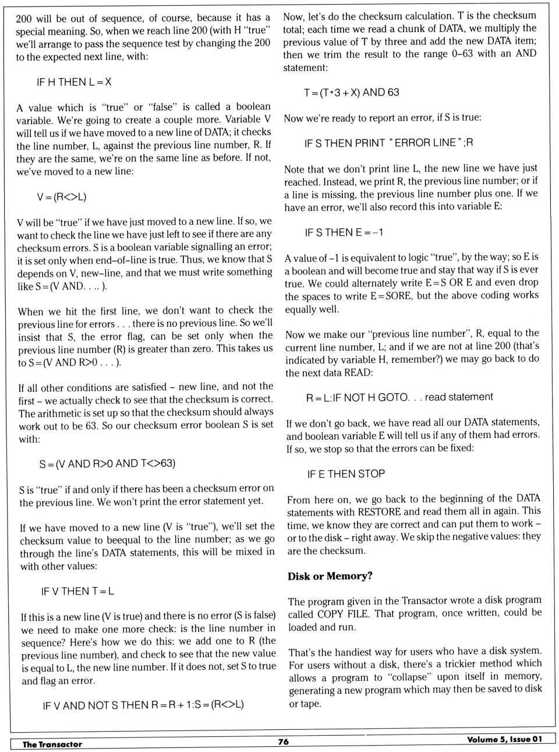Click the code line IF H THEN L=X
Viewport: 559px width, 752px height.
74,82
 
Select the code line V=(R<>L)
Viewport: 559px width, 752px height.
61,196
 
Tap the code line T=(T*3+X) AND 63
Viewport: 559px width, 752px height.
351,92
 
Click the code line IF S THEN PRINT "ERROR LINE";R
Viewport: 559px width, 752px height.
388,143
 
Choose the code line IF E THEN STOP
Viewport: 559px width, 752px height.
346,474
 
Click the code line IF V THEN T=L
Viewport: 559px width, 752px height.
77,591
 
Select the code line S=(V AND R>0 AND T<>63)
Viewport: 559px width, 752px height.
107,464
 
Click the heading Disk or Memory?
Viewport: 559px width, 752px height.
330,576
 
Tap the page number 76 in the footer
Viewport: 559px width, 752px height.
284,742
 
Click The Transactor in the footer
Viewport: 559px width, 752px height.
52,744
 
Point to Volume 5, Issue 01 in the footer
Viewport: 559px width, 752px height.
504,739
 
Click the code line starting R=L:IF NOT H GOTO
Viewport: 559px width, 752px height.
399,397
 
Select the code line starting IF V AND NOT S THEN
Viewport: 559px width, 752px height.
143,705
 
